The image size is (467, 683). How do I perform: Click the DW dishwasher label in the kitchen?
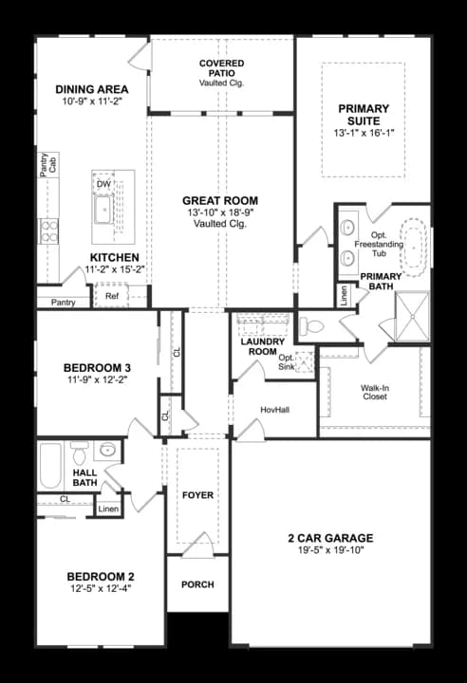103,185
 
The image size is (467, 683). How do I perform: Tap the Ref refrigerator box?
111,296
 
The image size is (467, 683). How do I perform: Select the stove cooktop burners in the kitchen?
49,231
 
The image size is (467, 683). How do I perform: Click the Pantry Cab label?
48,165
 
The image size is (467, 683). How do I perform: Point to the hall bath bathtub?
50,466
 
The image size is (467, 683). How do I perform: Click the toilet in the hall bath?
80,453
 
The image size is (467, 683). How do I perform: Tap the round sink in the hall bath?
107,450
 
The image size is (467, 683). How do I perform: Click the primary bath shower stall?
412,317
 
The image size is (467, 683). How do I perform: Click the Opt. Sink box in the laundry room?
305,362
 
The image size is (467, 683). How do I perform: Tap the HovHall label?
274,410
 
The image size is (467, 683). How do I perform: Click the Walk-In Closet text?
375,392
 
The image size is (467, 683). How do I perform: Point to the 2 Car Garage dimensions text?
331,550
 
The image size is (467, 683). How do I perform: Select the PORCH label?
197,584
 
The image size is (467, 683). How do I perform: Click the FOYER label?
197,495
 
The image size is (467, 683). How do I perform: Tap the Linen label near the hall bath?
108,508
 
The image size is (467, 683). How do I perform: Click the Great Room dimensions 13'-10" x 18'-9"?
220,212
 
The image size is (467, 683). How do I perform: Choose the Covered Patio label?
221,68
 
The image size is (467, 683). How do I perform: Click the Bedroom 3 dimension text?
97,379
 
